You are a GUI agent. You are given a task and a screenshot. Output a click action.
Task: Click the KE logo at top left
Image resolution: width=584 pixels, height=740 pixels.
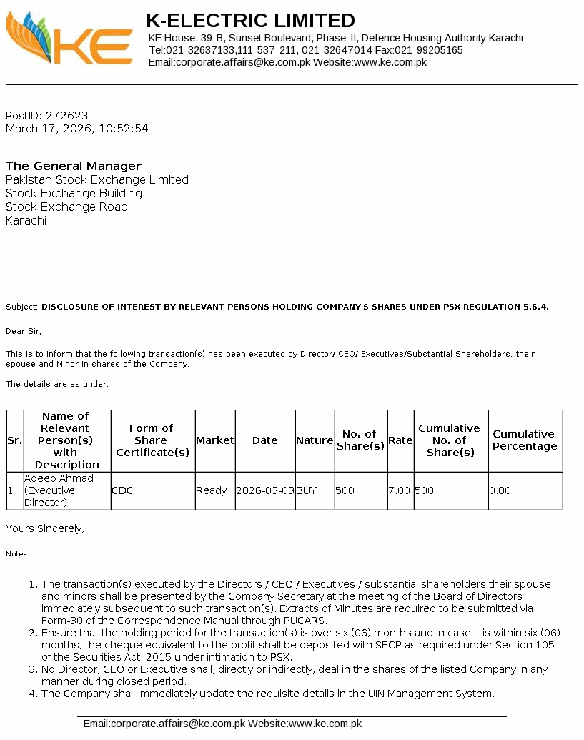pyautogui.click(x=69, y=39)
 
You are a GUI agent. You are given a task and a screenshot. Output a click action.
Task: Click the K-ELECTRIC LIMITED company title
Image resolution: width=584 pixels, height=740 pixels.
pyautogui.click(x=250, y=21)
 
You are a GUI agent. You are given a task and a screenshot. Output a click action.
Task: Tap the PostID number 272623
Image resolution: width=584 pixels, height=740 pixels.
pyautogui.click(x=66, y=115)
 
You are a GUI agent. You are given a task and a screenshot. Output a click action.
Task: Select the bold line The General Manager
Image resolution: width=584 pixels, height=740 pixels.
pyautogui.click(x=74, y=166)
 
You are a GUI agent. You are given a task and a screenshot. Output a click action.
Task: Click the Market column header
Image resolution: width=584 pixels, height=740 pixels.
pyautogui.click(x=215, y=440)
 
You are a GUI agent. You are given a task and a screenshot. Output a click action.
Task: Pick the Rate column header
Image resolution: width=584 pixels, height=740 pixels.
pyautogui.click(x=400, y=440)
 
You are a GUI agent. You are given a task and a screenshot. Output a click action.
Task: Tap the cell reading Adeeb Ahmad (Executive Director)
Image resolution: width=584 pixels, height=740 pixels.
pyautogui.click(x=59, y=490)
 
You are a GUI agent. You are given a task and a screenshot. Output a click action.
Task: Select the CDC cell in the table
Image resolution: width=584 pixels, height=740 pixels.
pyautogui.click(x=122, y=491)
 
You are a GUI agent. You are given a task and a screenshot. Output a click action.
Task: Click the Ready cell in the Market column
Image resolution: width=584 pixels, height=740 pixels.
pyautogui.click(x=212, y=491)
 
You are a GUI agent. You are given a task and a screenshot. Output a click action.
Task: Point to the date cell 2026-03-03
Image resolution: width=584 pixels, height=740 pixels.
pyautogui.click(x=265, y=491)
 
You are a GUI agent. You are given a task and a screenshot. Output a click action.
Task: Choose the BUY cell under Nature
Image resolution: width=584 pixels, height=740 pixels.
pyautogui.click(x=307, y=491)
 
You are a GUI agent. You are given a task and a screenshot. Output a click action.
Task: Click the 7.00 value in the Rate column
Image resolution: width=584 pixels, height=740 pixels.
pyautogui.click(x=400, y=491)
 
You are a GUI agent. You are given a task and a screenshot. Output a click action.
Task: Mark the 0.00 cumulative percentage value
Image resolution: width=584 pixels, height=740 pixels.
pyautogui.click(x=500, y=491)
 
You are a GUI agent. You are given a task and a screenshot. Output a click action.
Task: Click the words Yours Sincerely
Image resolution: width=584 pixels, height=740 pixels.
pyautogui.click(x=45, y=528)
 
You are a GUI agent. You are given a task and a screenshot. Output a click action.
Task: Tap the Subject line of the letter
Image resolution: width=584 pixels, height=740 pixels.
pyautogui.click(x=277, y=307)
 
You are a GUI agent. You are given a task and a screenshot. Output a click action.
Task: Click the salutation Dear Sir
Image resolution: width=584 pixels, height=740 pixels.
pyautogui.click(x=24, y=331)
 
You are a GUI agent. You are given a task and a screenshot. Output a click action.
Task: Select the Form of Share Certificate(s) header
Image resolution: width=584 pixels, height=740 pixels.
pyautogui.click(x=152, y=440)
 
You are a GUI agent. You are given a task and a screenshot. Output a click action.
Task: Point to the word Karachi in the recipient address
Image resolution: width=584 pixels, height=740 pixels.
pyautogui.click(x=26, y=220)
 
